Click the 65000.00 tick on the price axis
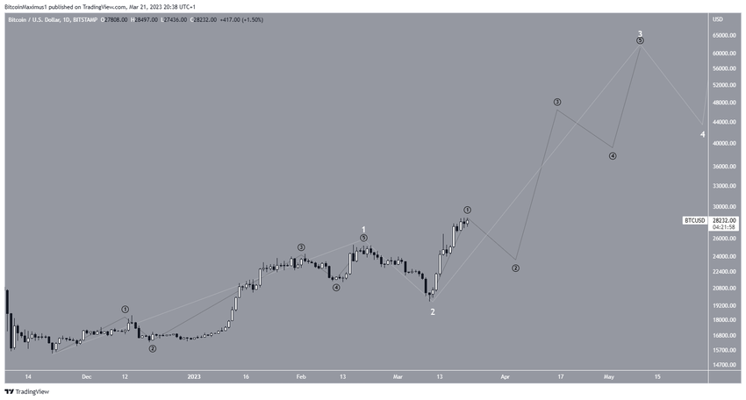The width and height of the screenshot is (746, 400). (x=724, y=36)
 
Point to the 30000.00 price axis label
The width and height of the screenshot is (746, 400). (x=724, y=204)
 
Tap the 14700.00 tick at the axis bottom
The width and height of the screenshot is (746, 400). (x=724, y=365)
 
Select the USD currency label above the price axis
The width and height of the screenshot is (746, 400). (x=718, y=19)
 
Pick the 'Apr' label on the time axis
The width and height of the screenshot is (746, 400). (x=505, y=376)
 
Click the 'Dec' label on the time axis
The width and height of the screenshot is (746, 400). (x=86, y=376)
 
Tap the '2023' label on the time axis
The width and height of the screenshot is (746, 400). (x=194, y=376)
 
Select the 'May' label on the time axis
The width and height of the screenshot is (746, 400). (x=608, y=376)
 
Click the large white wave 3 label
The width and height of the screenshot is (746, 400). (x=640, y=33)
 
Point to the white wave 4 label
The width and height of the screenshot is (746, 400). (x=702, y=134)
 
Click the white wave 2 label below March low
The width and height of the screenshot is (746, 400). (x=432, y=311)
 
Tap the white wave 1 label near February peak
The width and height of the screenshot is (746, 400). (x=363, y=230)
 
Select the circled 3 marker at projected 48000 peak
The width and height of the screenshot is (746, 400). (x=557, y=103)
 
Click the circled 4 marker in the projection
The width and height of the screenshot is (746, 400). (x=613, y=156)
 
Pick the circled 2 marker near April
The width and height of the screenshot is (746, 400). (x=516, y=268)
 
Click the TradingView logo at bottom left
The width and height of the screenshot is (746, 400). (x=26, y=392)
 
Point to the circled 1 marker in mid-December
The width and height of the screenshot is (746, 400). (x=126, y=310)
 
